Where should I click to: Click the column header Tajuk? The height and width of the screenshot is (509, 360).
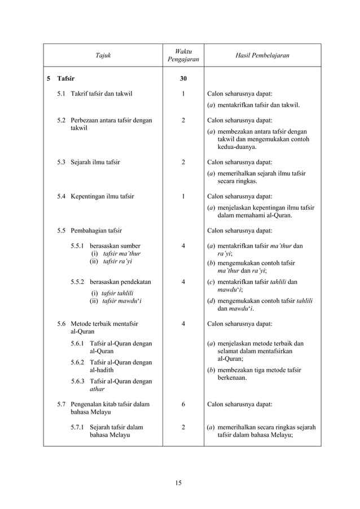(x=103, y=55)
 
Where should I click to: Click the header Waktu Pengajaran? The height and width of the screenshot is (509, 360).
(x=183, y=55)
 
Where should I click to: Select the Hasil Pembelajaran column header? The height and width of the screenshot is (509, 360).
(x=262, y=55)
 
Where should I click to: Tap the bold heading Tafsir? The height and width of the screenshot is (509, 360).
(x=66, y=79)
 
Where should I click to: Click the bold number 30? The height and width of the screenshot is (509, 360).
(x=183, y=79)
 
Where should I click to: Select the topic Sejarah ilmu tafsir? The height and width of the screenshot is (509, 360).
(x=95, y=163)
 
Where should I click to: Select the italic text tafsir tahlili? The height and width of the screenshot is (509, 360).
(x=117, y=292)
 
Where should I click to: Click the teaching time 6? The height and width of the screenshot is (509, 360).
(x=183, y=405)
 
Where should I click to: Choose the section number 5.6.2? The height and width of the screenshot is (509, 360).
(x=78, y=362)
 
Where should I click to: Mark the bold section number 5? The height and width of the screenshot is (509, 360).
(x=49, y=79)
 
